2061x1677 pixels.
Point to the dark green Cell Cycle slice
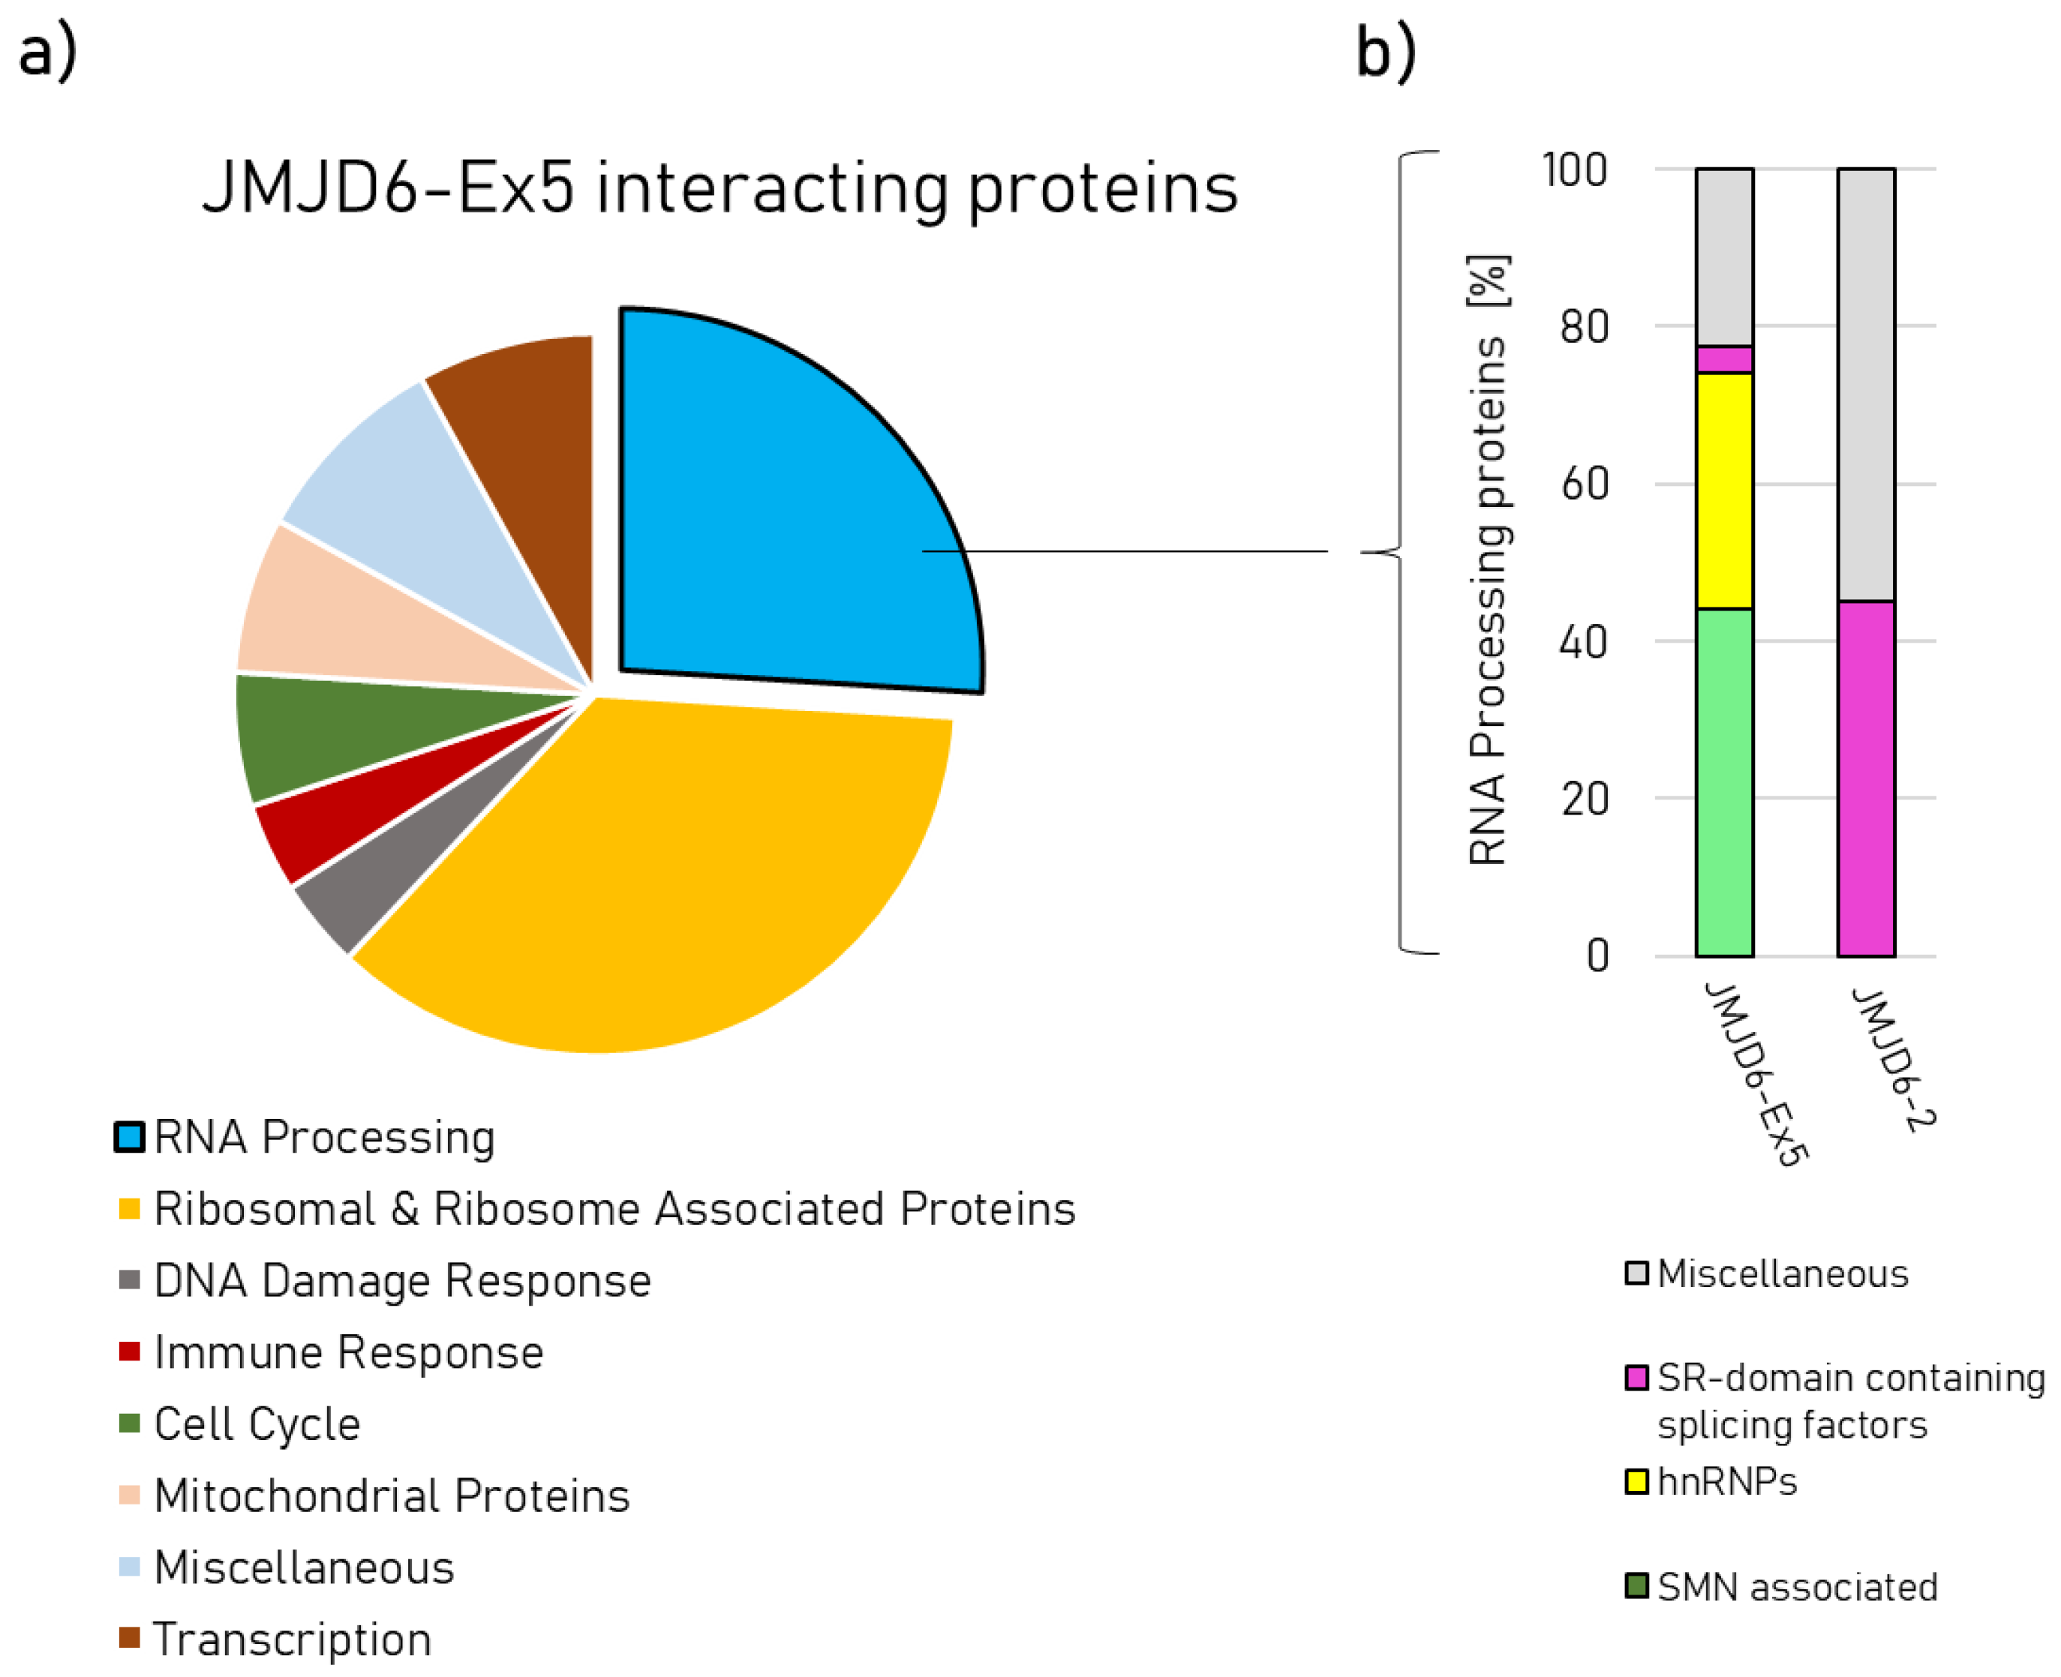point(319,734)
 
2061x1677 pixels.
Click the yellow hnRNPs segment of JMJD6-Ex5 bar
point(1724,490)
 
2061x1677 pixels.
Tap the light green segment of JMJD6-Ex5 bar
point(1724,782)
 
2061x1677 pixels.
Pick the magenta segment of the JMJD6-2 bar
point(1865,778)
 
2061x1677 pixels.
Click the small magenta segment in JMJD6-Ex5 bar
point(1724,359)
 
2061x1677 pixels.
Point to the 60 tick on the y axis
point(1585,484)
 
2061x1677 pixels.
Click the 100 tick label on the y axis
point(1574,170)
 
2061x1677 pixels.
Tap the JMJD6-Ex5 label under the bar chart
point(1753,1073)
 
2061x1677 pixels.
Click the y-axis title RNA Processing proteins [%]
point(1487,560)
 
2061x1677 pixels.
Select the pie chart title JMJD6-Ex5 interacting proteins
point(720,187)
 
